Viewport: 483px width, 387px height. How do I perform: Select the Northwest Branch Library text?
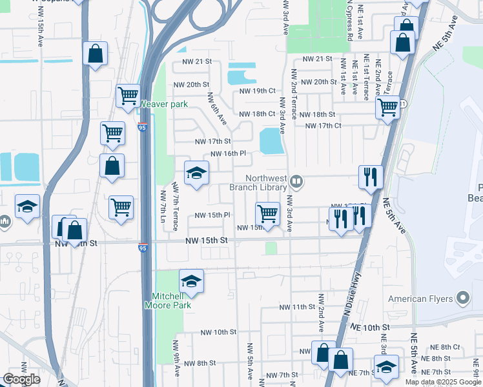(x=258, y=183)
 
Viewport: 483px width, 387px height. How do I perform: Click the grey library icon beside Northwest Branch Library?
(x=296, y=181)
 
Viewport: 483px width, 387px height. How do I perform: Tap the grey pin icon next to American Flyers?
(x=462, y=298)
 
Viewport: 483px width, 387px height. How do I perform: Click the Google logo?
(x=21, y=379)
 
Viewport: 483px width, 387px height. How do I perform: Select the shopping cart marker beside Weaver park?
(x=128, y=96)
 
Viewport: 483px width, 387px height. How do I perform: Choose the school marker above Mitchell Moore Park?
(x=191, y=281)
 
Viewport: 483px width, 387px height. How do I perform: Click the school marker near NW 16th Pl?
(x=197, y=172)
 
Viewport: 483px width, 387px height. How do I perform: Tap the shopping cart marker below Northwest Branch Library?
(x=267, y=213)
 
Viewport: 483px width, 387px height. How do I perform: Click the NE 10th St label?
(x=370, y=328)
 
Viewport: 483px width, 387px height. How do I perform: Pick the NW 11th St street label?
(x=296, y=307)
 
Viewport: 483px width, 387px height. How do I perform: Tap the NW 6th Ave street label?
(x=217, y=109)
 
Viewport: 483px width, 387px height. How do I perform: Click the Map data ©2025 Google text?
(x=442, y=382)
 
